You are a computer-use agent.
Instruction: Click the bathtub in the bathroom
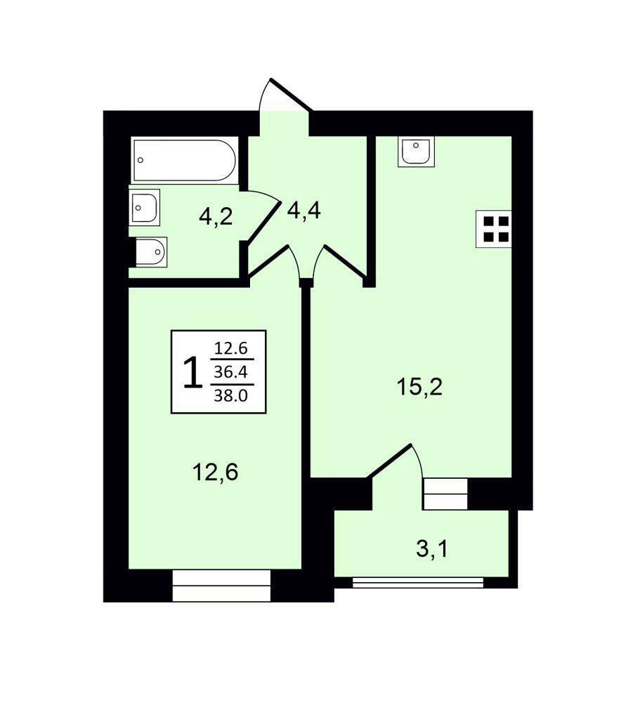185,160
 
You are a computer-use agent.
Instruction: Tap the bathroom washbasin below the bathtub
145,207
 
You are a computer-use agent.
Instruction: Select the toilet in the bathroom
151,252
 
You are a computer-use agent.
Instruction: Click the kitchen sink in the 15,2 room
416,152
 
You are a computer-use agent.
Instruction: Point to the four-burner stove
494,229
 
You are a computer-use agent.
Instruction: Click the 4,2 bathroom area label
216,216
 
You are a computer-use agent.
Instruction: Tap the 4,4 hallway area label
303,211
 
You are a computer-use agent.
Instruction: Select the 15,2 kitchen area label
419,387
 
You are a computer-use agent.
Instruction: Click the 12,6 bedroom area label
216,472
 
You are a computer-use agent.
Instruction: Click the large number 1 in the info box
192,372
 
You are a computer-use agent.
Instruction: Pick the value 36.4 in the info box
230,371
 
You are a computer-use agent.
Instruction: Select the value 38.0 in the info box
230,395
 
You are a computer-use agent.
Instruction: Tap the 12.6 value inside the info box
231,348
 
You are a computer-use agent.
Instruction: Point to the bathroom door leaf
263,222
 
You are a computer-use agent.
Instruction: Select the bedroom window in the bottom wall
221,586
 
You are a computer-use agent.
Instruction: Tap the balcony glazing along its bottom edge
418,582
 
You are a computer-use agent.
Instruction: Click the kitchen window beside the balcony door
445,494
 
